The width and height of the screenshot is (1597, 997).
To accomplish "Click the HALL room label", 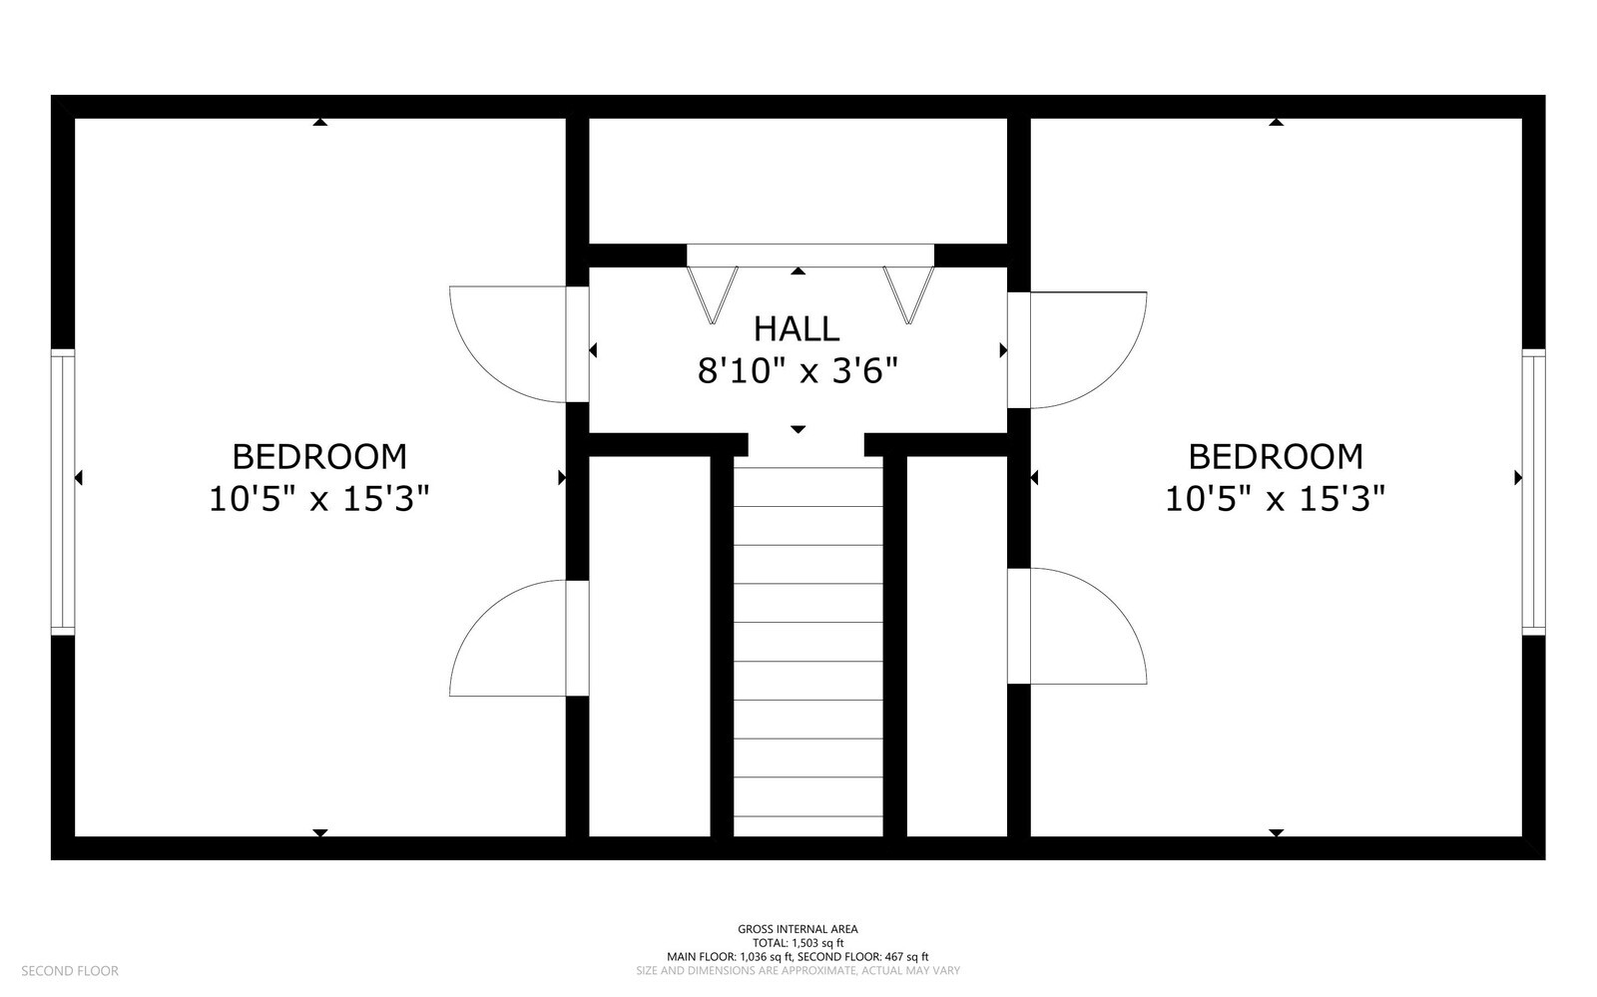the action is pyautogui.click(x=797, y=329).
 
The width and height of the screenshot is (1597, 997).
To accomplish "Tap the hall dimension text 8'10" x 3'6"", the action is pyautogui.click(x=798, y=371).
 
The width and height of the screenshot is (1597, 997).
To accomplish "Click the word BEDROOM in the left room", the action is pyautogui.click(x=319, y=457).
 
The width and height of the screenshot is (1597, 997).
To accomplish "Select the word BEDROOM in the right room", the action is pyautogui.click(x=1276, y=457).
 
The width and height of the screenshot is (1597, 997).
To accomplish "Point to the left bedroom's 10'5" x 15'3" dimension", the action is pyautogui.click(x=319, y=499).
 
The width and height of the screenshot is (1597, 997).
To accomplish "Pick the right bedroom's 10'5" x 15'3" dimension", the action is pyautogui.click(x=1276, y=499).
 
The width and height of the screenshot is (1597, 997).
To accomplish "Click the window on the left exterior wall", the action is pyautogui.click(x=63, y=492).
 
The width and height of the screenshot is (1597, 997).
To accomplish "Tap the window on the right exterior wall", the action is pyautogui.click(x=1533, y=492).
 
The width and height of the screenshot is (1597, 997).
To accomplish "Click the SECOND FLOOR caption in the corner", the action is pyautogui.click(x=70, y=971).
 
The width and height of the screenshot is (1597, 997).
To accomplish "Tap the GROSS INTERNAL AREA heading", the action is pyautogui.click(x=798, y=928).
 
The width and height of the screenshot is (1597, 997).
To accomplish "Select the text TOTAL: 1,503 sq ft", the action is pyautogui.click(x=798, y=943).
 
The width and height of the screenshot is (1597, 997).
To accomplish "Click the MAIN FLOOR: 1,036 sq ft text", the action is pyautogui.click(x=730, y=957).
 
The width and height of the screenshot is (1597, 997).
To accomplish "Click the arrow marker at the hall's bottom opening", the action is pyautogui.click(x=798, y=429).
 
